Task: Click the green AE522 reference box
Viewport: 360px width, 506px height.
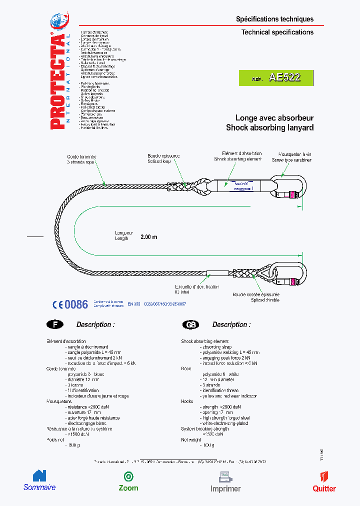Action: click(x=276, y=77)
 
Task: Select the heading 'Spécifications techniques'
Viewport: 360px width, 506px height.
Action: click(x=274, y=19)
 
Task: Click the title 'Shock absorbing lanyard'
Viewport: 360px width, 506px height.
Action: click(x=269, y=127)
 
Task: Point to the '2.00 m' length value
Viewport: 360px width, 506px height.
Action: click(x=149, y=236)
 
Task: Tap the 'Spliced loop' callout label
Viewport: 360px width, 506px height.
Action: click(x=159, y=161)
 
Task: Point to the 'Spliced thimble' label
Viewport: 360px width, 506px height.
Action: click(x=265, y=299)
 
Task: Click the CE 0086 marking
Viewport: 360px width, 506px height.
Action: click(x=70, y=304)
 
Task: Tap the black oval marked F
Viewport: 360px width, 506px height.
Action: click(x=55, y=324)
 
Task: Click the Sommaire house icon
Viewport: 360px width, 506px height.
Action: click(x=39, y=475)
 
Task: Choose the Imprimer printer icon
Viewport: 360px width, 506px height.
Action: click(x=225, y=476)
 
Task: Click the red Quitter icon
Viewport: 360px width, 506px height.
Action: click(x=323, y=476)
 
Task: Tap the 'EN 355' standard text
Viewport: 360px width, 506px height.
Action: click(x=133, y=303)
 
